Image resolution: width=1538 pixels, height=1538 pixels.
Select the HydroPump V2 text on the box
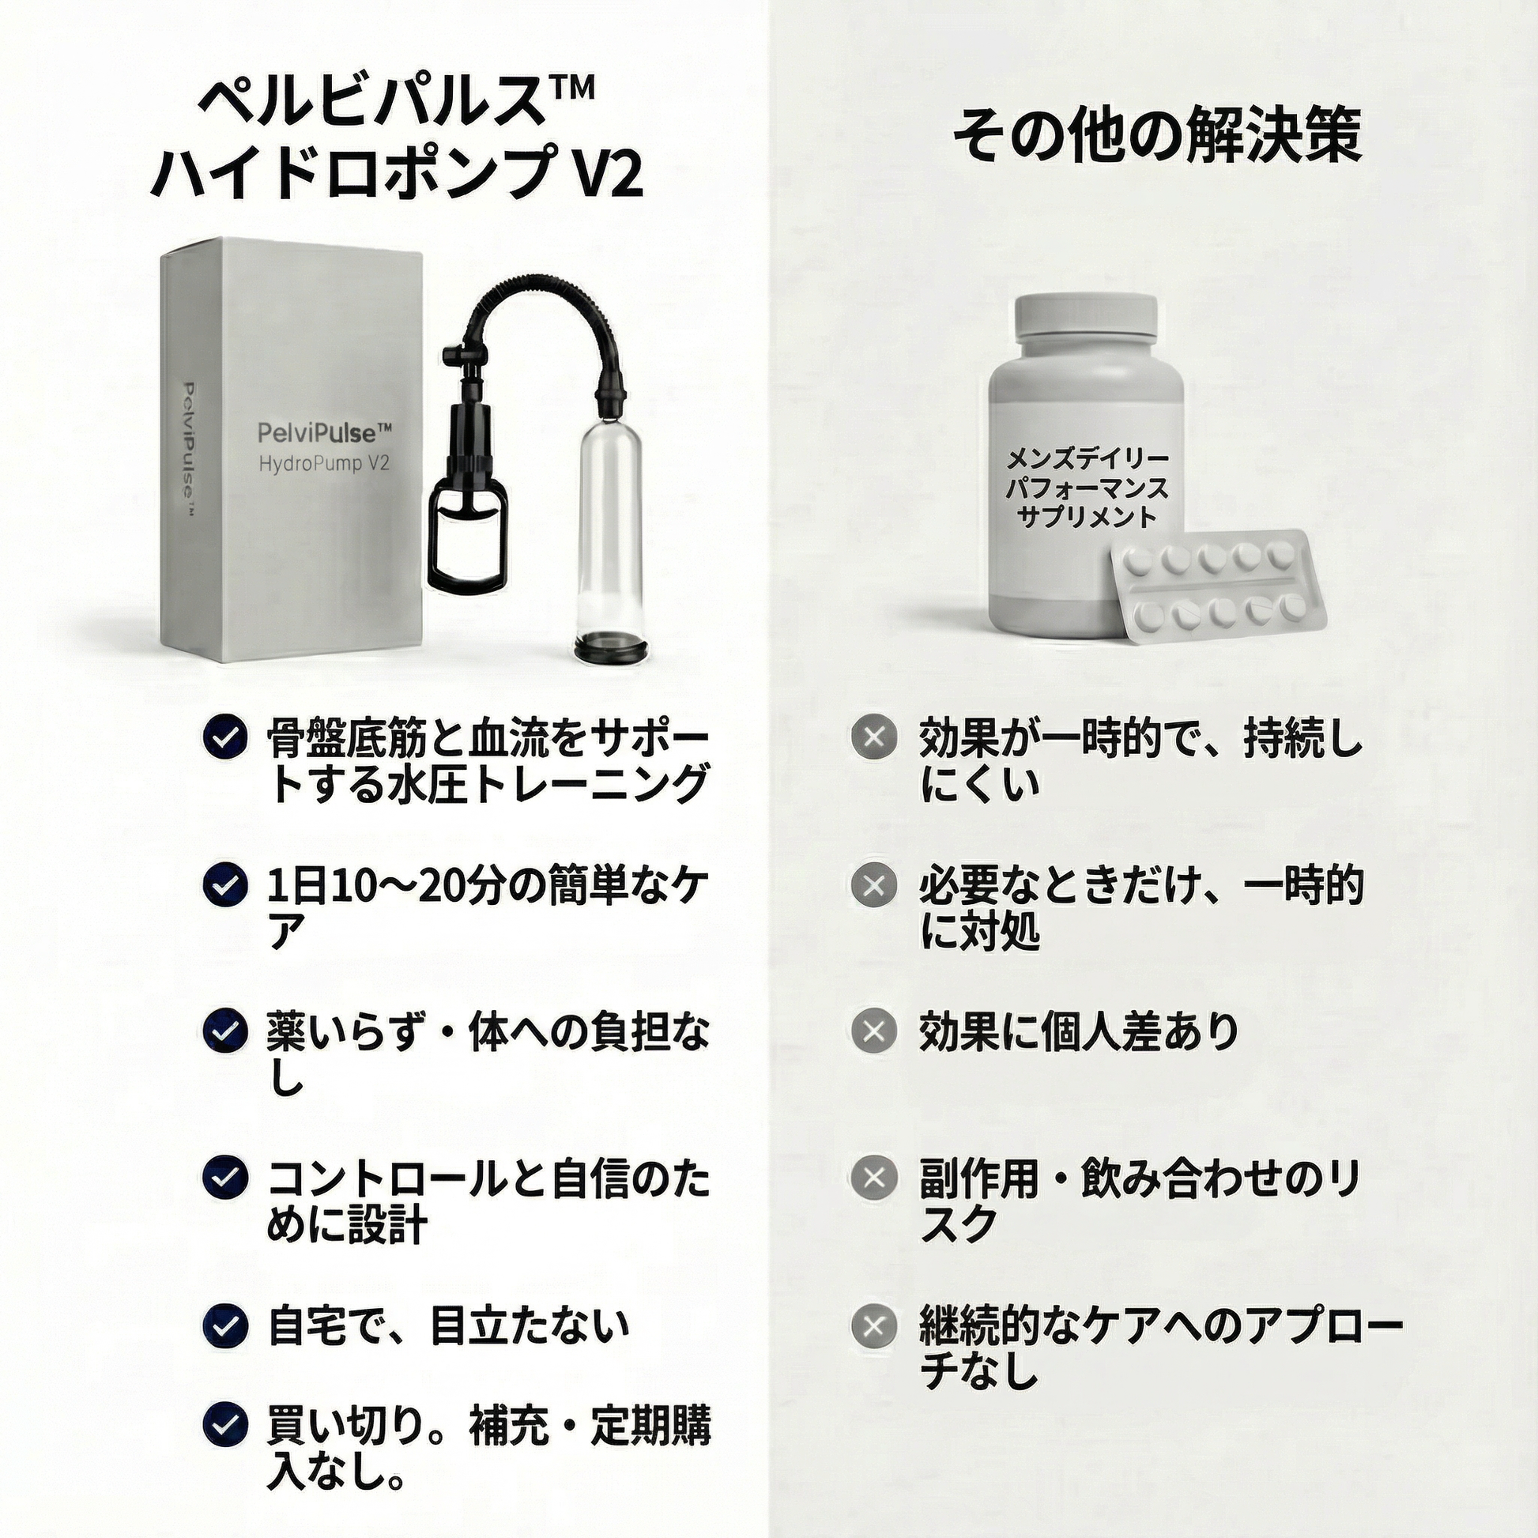coord(324,463)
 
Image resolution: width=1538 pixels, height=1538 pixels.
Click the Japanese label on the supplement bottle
coord(1087,488)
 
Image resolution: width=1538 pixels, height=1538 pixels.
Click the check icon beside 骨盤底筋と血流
coord(224,737)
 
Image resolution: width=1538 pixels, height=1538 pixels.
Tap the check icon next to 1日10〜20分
coord(224,885)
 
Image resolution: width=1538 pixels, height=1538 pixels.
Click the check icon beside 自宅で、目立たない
coord(224,1325)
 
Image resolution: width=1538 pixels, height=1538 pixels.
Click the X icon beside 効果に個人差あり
coord(874,1031)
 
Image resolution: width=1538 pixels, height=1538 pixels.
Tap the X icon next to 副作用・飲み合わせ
coord(874,1179)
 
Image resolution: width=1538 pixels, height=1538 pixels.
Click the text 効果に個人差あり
coord(1079,1031)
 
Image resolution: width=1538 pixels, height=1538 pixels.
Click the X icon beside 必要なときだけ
coord(874,885)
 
